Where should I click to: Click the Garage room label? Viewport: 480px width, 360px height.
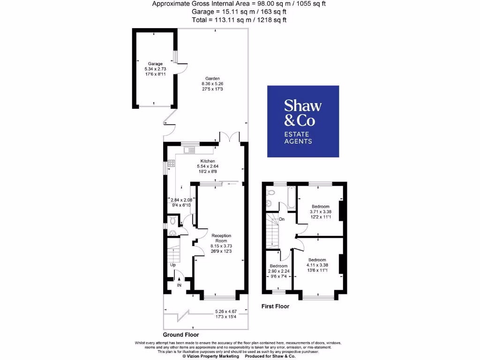[x=155, y=63]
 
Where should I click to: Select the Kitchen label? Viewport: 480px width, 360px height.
[x=208, y=161]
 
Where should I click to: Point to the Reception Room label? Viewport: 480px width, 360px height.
[x=221, y=238]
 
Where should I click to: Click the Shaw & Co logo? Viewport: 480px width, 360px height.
[x=303, y=121]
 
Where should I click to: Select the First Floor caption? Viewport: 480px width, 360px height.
[x=275, y=307]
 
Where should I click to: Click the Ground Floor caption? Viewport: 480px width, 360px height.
[x=181, y=335]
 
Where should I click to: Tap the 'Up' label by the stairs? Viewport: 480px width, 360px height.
[x=172, y=265]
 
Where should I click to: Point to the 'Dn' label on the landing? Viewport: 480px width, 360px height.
[x=281, y=219]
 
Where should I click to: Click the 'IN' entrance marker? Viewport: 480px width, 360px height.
[x=179, y=285]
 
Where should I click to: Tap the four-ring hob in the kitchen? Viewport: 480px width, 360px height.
[x=171, y=164]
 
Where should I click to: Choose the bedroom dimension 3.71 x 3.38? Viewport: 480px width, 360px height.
[x=321, y=211]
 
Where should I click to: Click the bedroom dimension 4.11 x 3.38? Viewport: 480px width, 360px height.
[x=317, y=264]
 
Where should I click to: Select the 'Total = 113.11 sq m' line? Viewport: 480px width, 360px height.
[x=239, y=20]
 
